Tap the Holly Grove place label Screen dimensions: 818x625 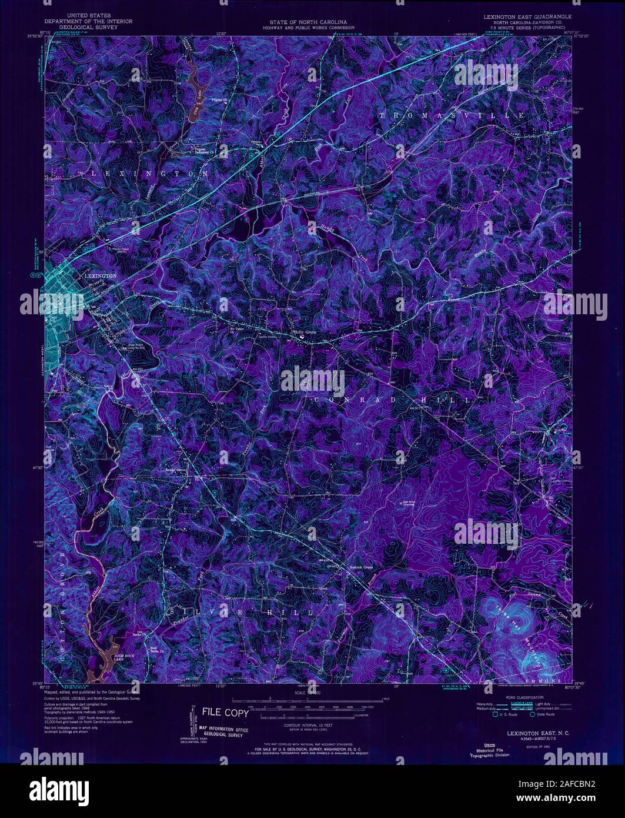[305, 331]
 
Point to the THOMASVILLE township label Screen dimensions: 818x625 [451, 115]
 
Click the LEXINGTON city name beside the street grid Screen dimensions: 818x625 [101, 275]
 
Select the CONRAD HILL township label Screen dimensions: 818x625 [392, 400]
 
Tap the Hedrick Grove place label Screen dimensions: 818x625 [362, 567]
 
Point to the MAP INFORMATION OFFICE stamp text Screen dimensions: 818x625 [223, 729]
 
